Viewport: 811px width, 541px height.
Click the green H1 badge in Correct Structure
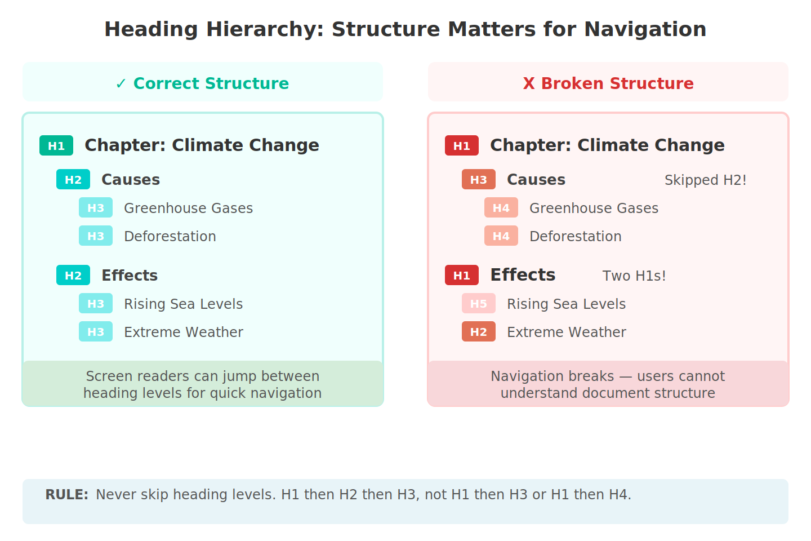[x=56, y=145]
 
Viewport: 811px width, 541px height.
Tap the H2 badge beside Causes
[x=73, y=179]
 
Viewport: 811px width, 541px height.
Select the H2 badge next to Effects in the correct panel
[x=73, y=275]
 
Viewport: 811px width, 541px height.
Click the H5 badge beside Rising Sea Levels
[x=479, y=303]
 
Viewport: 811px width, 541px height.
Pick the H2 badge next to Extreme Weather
[x=479, y=331]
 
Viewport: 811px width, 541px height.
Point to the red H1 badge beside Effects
[x=462, y=275]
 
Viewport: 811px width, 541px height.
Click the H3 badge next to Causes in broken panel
[x=479, y=179]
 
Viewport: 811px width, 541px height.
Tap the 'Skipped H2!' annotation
[x=705, y=180]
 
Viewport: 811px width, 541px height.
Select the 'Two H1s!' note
[x=634, y=276]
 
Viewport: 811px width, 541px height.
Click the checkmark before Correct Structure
[x=121, y=83]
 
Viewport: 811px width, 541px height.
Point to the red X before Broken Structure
[x=528, y=83]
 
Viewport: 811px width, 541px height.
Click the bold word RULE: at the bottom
[x=66, y=494]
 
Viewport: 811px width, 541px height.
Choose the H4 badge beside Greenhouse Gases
[x=501, y=207]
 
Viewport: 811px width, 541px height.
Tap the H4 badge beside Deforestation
[x=501, y=236]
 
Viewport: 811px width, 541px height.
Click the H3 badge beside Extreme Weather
[x=96, y=331]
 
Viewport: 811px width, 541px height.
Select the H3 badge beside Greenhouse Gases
[x=96, y=207]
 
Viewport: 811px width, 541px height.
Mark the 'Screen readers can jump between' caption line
[x=202, y=376]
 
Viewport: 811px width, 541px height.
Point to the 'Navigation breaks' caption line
[x=608, y=376]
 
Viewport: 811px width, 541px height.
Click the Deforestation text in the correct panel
[x=170, y=236]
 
